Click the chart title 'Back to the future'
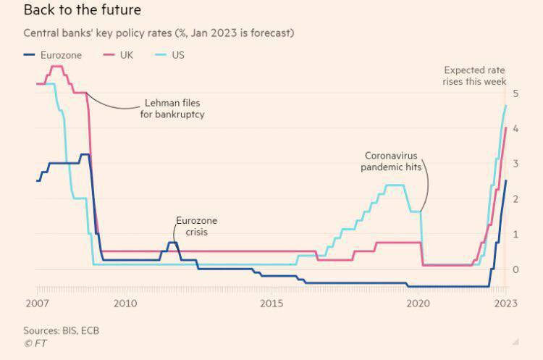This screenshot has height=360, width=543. tap(82, 11)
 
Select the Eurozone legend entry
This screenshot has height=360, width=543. tap(54, 54)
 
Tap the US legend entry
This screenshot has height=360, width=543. tap(177, 54)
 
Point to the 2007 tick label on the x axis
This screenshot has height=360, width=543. tap(37, 302)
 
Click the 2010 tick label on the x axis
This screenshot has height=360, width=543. tap(125, 302)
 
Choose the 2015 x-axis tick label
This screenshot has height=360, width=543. tap(271, 302)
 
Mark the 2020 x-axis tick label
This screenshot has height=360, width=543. tap(418, 302)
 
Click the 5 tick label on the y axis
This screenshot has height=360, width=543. tap(515, 93)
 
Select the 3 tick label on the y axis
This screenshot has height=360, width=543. tap(515, 164)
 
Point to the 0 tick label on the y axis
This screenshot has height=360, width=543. tap(515, 269)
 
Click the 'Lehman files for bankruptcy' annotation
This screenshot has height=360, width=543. tap(172, 109)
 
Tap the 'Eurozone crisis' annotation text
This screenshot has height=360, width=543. tap(196, 227)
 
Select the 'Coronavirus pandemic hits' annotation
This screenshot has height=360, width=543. tap(392, 162)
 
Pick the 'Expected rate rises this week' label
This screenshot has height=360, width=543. tap(475, 76)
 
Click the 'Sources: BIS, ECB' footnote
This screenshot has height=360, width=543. tap(61, 330)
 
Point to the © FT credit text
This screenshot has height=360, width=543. tap(35, 343)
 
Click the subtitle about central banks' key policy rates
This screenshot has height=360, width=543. tap(159, 33)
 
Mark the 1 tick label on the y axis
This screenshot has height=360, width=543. tap(515, 234)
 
